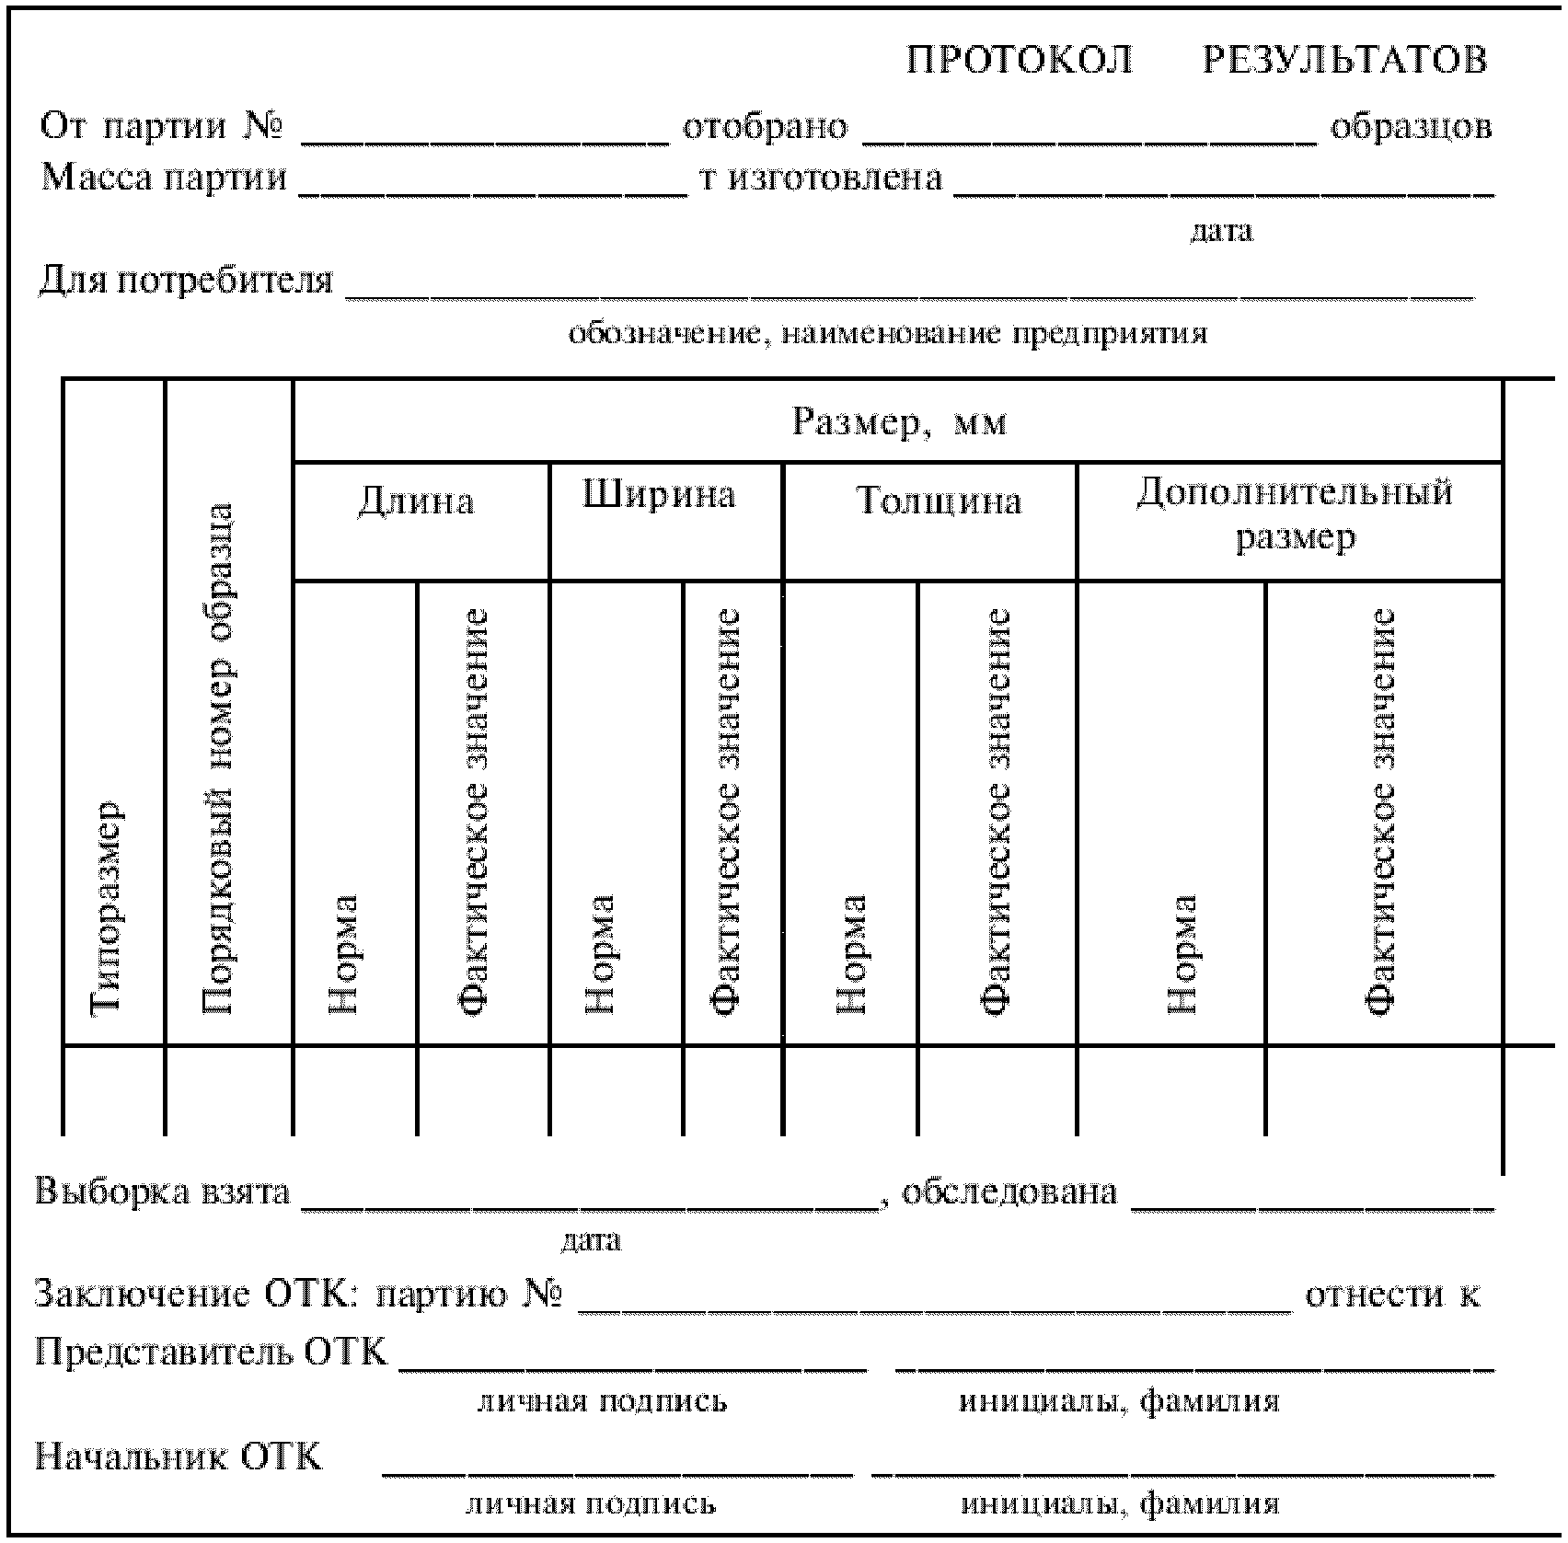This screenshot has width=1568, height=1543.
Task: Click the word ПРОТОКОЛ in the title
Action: point(1020,61)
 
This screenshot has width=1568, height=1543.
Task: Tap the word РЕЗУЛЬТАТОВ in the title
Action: point(1344,61)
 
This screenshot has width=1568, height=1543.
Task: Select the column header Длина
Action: point(416,501)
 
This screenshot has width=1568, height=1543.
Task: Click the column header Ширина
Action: point(660,495)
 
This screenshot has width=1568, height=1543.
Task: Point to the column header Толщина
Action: point(939,501)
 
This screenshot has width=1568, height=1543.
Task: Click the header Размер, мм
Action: point(899,422)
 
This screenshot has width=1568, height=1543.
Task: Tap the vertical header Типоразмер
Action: point(107,907)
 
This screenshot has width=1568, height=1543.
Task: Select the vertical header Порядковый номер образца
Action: point(217,759)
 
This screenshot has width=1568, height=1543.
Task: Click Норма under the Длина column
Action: point(344,953)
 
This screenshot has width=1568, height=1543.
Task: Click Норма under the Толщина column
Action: point(852,953)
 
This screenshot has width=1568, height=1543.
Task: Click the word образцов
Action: point(1411,127)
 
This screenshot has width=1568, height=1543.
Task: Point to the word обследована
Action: point(1009,1192)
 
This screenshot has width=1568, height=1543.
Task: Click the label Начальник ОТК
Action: point(179,1457)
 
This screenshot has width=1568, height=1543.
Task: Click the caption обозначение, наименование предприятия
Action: point(887,333)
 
